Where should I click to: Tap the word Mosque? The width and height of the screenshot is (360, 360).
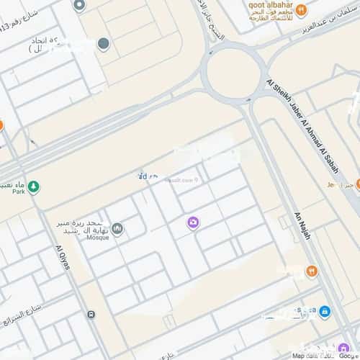pos(98,238)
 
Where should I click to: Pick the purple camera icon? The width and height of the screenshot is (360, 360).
pos(193,223)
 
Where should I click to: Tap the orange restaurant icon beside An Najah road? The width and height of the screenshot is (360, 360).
pos(312,271)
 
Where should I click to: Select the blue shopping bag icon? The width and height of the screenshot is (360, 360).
pos(325,312)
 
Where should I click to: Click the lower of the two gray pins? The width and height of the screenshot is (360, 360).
pos(104,44)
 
